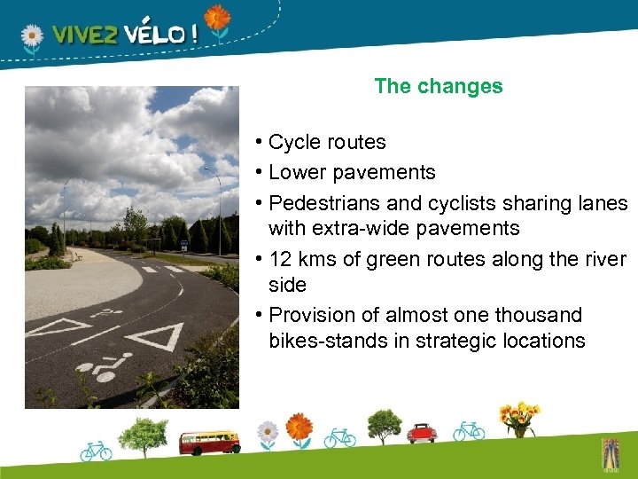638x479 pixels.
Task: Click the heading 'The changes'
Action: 438,87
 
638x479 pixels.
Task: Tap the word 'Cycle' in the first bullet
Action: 293,143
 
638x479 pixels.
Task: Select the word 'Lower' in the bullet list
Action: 295,172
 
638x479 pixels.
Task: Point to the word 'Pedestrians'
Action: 320,203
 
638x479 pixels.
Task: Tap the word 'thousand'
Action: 540,316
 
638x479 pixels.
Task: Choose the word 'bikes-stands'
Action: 323,341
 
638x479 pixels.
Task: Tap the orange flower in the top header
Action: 216,19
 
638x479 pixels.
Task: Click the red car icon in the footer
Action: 422,433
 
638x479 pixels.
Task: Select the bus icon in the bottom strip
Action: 209,441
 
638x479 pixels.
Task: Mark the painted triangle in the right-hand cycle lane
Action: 156,338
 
